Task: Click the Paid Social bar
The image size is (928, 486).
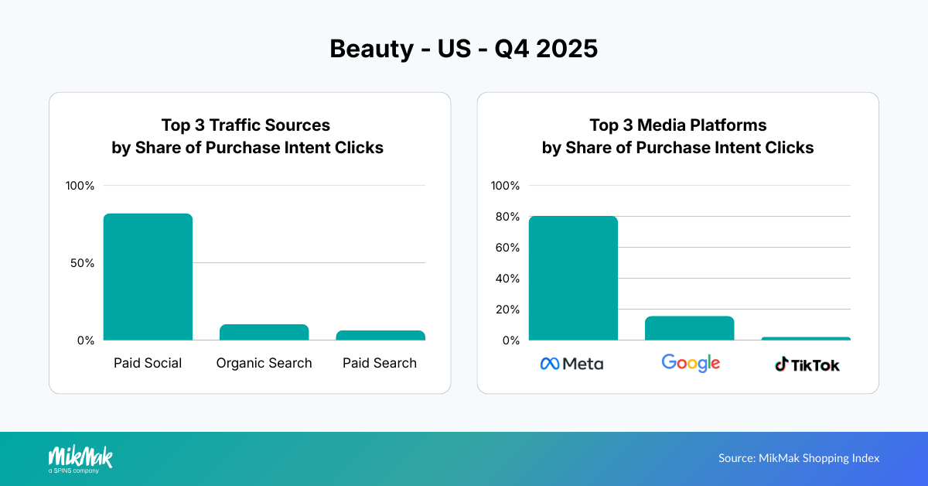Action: tap(148, 277)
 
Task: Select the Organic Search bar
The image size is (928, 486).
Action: tap(264, 333)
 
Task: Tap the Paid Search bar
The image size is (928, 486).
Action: tap(380, 335)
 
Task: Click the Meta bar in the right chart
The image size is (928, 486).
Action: tap(573, 279)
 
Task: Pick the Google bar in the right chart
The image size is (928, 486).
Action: tap(689, 328)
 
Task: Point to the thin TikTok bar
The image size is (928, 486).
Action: tap(806, 338)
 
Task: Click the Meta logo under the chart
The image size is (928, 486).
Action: tap(571, 364)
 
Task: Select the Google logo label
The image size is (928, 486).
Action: tap(691, 363)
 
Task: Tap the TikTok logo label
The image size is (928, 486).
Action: tap(807, 364)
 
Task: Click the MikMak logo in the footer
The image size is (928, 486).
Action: tap(80, 458)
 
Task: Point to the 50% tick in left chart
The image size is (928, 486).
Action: tap(80, 263)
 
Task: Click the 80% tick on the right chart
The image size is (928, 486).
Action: tap(506, 217)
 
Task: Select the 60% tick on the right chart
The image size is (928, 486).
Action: tap(506, 248)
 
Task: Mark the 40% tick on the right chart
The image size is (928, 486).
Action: tap(506, 279)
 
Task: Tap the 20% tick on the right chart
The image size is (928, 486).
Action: tap(506, 310)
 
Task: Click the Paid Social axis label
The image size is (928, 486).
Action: tap(148, 363)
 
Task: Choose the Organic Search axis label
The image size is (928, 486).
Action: tap(264, 363)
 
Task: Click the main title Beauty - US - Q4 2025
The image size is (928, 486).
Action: tap(463, 48)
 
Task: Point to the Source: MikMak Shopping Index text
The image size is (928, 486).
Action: tap(799, 458)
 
